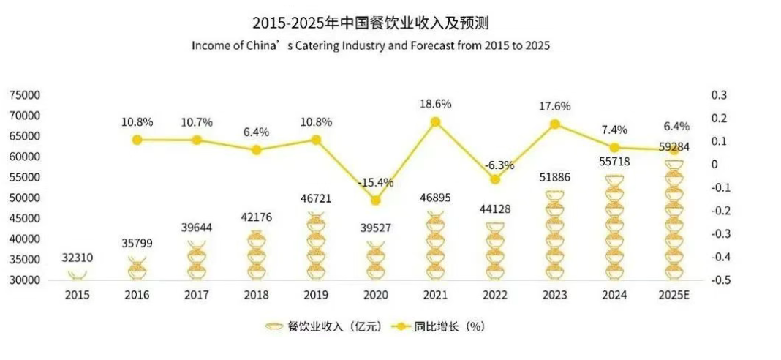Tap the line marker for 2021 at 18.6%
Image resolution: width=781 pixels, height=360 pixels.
(x=435, y=122)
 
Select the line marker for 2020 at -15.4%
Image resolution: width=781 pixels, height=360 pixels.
(x=376, y=200)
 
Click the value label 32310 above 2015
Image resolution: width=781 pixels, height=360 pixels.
(x=78, y=258)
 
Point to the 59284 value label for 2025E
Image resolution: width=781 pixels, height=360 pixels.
(x=673, y=146)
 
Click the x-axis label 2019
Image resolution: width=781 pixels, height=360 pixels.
(x=316, y=295)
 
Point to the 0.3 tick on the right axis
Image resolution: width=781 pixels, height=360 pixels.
(x=720, y=95)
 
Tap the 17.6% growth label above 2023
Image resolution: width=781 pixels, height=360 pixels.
(x=554, y=106)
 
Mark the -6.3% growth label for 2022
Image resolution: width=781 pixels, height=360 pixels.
(x=496, y=165)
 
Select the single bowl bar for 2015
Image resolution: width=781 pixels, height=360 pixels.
(x=78, y=274)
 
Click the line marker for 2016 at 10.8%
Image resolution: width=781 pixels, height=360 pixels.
(x=137, y=139)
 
